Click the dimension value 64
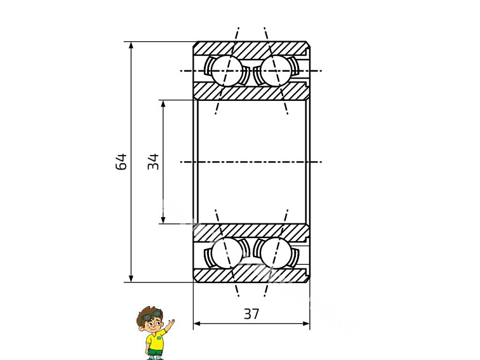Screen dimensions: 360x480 121,162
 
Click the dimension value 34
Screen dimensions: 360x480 154,162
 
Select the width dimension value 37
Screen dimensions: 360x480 251,314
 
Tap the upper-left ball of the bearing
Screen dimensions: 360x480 227,70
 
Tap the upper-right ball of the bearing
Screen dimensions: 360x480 276,70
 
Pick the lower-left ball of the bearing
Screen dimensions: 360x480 227,253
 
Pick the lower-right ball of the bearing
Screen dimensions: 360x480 276,253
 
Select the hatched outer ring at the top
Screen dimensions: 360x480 251,48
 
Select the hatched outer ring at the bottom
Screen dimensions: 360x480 251,276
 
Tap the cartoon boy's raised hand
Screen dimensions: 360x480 171,323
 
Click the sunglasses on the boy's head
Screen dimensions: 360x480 149,314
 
